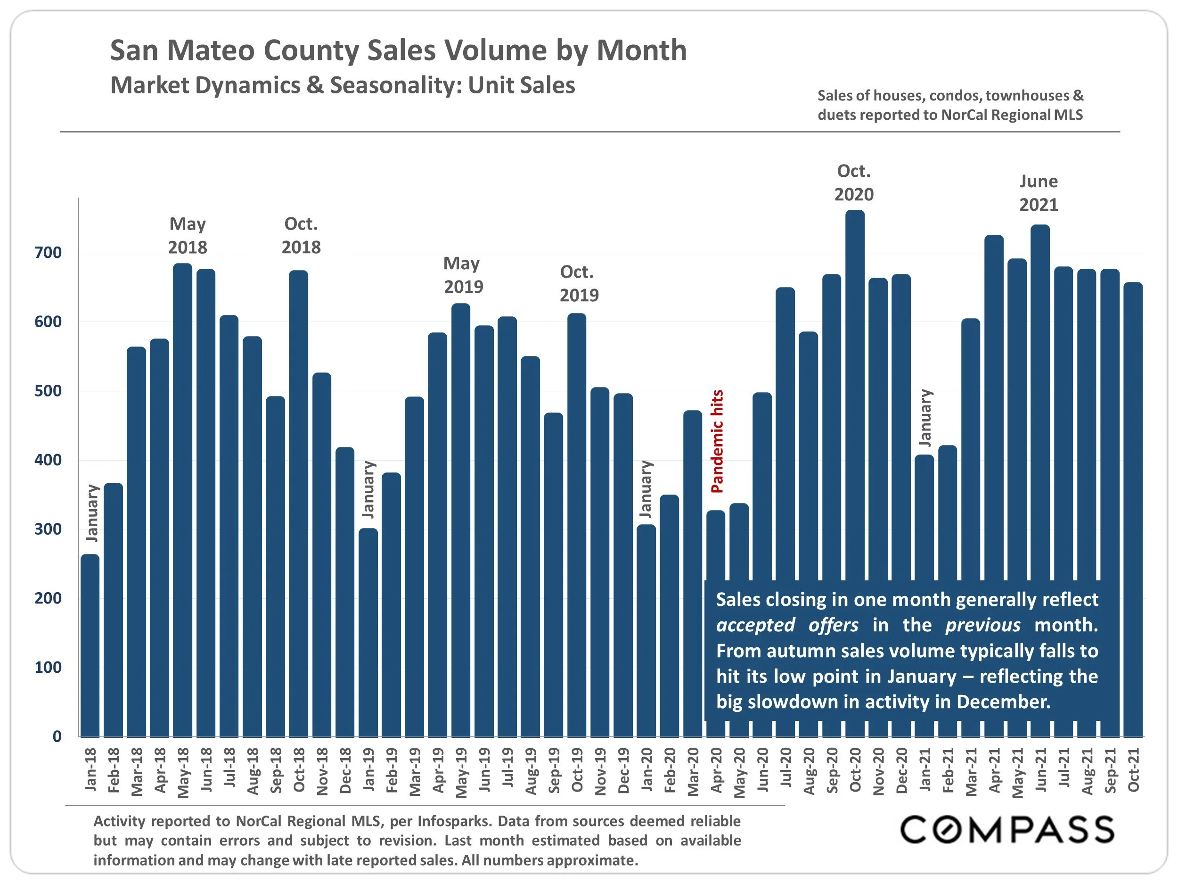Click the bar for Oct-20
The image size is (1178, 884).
tap(855, 394)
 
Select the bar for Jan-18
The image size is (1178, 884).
tap(90, 645)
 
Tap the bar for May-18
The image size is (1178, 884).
tap(183, 501)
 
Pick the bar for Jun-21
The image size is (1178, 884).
tap(1040, 400)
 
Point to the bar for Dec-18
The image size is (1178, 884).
tap(345, 592)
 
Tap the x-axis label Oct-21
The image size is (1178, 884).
tap(1134, 770)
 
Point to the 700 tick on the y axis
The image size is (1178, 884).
tap(48, 253)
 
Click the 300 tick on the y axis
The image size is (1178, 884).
tap(48, 529)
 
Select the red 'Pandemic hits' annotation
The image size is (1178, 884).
tap(717, 441)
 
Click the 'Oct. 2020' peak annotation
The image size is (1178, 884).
tap(854, 183)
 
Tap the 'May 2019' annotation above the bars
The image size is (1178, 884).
tap(463, 275)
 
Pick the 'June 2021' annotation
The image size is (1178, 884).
tap(1039, 193)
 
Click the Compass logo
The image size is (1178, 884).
tap(1007, 830)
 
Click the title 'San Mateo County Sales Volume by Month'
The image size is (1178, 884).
tap(398, 50)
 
